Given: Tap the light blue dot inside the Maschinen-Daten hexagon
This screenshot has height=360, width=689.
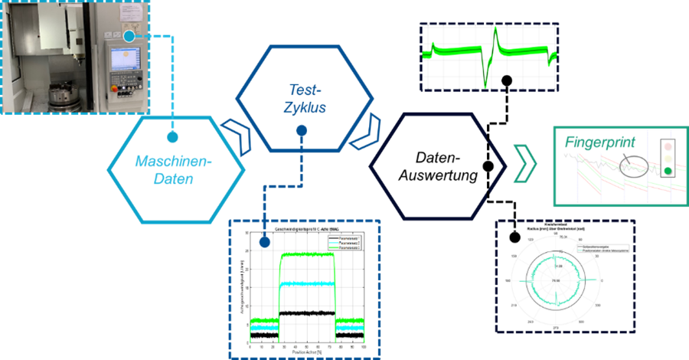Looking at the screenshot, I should (172, 137).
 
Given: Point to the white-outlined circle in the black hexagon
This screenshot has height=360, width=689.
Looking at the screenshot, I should (488, 166).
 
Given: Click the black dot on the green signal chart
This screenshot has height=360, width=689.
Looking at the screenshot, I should (505, 80).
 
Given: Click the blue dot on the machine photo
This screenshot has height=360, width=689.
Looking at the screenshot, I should (130, 35).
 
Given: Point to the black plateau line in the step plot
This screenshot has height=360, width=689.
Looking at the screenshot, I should (307, 313).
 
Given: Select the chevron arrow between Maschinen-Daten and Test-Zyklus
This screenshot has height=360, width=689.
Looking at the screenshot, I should (239, 137).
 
